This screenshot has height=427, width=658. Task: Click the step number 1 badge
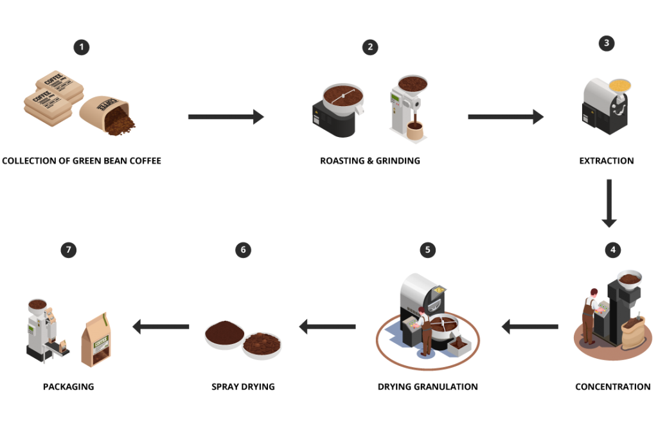82,47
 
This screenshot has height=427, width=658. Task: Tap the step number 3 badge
606,44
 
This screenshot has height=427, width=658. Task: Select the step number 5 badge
427,250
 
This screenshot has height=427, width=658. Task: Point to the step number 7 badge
69,250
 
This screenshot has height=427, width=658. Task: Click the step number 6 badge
243,250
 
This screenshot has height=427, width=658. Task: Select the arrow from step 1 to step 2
226,116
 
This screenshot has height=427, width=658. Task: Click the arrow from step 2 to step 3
505,116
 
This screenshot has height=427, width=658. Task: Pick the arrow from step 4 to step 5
529,327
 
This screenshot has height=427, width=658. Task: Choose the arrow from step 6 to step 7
161,327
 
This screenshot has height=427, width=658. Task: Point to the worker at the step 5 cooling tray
424,329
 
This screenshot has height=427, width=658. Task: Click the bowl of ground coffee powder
224,333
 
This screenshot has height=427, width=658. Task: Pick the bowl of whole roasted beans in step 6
262,343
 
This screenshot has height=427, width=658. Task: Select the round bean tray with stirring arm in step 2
342,96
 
